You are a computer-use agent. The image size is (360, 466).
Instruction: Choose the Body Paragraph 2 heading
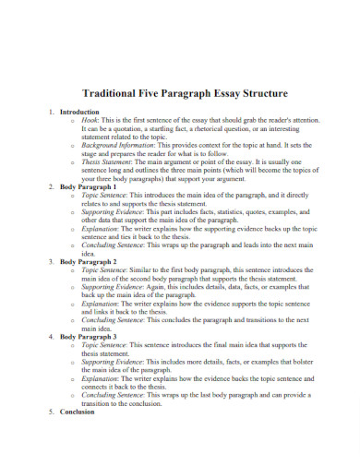[x=90, y=262]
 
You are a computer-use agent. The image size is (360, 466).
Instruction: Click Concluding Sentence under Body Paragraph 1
[x=114, y=245]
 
